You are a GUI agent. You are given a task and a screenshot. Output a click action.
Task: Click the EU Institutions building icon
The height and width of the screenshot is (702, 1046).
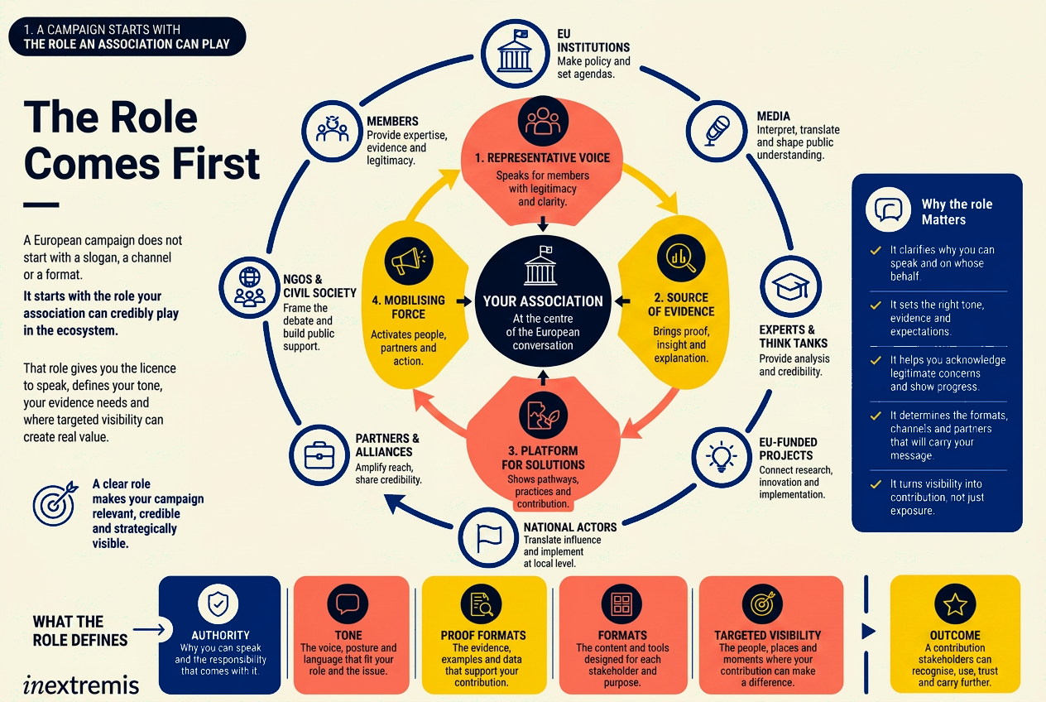coord(515,53)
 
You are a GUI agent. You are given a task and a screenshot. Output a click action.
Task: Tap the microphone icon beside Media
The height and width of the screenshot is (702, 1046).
coord(717,131)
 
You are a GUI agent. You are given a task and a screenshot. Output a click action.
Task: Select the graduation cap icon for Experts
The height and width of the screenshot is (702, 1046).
coord(790,286)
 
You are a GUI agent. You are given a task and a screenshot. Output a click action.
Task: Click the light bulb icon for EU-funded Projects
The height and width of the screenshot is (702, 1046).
coord(722,456)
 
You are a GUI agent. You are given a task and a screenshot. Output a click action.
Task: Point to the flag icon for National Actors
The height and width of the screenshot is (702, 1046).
coord(488,538)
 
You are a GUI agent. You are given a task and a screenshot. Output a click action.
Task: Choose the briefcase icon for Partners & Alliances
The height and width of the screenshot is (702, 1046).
coord(319,455)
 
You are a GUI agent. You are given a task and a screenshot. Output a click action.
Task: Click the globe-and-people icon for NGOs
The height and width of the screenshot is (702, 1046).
coord(249,286)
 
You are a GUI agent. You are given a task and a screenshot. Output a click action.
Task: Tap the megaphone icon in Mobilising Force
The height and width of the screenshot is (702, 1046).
coord(409,261)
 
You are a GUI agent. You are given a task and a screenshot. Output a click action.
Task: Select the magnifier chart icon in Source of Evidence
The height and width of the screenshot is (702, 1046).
coord(681,257)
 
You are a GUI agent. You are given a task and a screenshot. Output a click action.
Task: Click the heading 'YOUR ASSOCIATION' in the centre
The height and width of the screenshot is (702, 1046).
coord(543,301)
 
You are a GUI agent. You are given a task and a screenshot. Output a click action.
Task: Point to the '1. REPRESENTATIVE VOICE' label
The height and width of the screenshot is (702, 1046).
coord(543,158)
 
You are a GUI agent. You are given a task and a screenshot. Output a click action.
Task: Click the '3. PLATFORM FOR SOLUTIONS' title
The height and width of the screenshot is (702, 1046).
coord(543,458)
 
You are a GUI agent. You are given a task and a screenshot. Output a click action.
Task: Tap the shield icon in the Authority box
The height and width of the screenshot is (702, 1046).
coord(218,603)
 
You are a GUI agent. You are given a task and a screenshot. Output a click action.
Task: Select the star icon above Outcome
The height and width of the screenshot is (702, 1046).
coord(955,604)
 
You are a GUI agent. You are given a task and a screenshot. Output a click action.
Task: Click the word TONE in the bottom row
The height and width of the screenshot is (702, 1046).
coord(348,635)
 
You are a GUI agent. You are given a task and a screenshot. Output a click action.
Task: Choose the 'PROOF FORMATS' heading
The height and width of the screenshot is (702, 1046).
coord(483,635)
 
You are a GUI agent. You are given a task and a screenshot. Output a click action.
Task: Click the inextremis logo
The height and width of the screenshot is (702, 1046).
coord(81,685)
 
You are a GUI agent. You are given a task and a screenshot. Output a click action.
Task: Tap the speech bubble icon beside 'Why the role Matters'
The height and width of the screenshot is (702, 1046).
coord(888,209)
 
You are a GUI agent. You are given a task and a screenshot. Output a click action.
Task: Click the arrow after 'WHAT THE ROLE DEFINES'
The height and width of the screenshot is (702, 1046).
coord(149,630)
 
